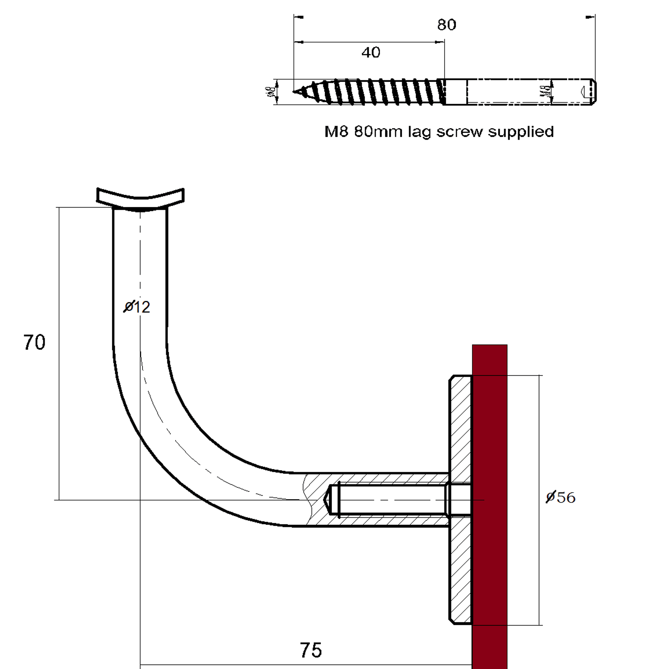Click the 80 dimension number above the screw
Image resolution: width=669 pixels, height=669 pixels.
[446, 25]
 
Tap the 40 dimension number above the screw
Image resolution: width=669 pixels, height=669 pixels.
[371, 53]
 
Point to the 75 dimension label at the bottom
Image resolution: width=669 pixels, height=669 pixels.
[311, 650]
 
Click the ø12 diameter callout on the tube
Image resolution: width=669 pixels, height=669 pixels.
[137, 307]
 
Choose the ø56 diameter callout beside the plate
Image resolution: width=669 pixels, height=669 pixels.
[560, 497]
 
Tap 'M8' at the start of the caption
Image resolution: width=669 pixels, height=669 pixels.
[337, 132]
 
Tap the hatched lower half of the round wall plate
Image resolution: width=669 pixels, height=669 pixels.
[461, 575]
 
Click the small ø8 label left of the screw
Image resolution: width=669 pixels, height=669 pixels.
[271, 92]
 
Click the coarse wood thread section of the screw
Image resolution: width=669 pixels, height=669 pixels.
[371, 92]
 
